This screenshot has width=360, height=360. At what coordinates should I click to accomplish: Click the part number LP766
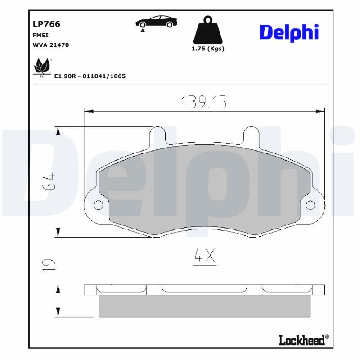(x=46, y=24)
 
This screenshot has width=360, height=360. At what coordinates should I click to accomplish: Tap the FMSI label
(x=40, y=35)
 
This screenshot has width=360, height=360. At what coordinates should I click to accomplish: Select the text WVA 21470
(x=50, y=45)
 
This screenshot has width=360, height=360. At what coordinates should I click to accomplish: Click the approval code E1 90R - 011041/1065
(x=90, y=76)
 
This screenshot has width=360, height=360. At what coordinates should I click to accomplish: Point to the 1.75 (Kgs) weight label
(x=208, y=49)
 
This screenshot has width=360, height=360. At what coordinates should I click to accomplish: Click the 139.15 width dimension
(x=203, y=102)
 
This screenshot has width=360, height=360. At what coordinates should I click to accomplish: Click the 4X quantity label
(x=204, y=256)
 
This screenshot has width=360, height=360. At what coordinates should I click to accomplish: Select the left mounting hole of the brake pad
(x=98, y=206)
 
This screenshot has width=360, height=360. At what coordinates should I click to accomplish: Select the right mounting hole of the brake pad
(x=310, y=206)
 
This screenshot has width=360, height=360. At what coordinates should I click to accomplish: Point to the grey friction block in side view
(x=204, y=306)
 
